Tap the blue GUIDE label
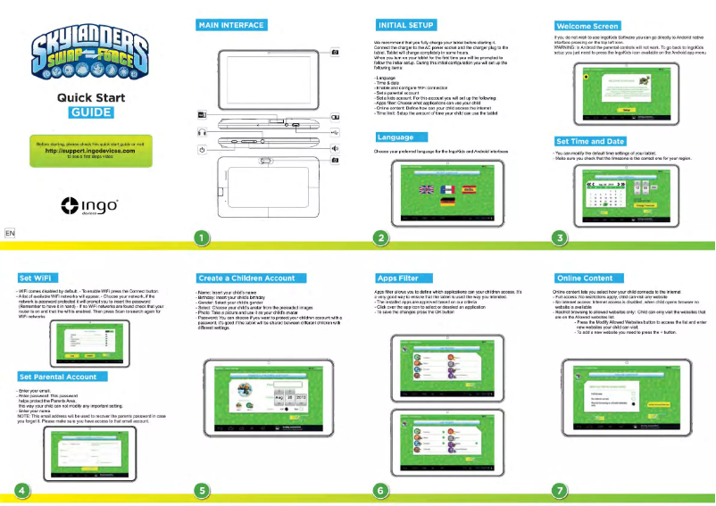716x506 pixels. [90, 112]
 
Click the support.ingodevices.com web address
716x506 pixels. [91, 151]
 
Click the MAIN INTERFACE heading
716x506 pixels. [230, 25]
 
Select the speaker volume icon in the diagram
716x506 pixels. [334, 147]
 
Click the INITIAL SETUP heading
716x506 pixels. [407, 25]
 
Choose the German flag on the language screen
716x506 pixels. [449, 203]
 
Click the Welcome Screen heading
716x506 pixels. [587, 26]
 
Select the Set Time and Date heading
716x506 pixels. [590, 141]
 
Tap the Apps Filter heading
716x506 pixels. [398, 278]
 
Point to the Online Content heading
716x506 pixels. [584, 278]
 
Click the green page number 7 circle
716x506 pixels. [560, 489]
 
